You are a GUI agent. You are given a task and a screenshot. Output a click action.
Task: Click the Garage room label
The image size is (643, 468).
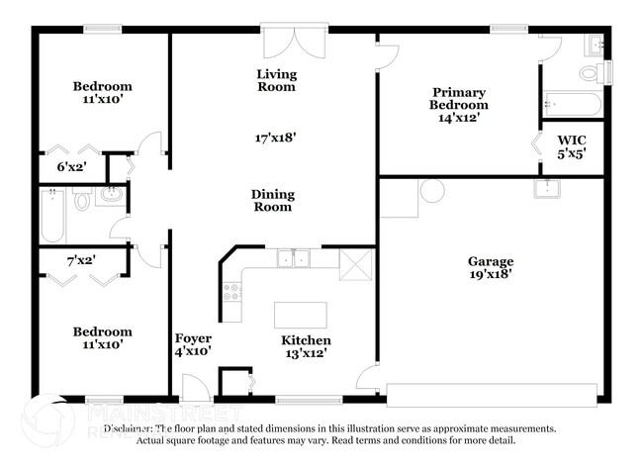491,262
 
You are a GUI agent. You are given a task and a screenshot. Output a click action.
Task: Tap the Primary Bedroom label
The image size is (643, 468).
459,98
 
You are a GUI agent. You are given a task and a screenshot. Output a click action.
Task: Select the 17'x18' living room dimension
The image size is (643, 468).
275,139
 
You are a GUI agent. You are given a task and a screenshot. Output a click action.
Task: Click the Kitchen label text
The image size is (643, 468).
306,340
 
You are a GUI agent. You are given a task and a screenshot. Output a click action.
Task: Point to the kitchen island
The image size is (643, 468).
300,315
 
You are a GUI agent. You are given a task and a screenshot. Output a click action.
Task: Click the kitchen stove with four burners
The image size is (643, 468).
232,292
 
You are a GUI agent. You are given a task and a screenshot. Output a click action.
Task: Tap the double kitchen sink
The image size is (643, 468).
293,259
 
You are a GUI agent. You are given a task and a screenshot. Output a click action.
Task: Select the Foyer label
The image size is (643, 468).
193,338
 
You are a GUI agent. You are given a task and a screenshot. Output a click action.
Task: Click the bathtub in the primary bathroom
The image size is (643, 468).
571,104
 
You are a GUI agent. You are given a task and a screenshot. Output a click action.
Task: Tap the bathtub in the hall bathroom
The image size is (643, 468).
52,216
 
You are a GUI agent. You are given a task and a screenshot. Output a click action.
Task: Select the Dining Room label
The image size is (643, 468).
272,201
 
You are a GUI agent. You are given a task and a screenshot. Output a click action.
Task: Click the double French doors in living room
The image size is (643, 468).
294,44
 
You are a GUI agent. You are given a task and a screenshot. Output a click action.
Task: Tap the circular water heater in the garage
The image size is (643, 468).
432,190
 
